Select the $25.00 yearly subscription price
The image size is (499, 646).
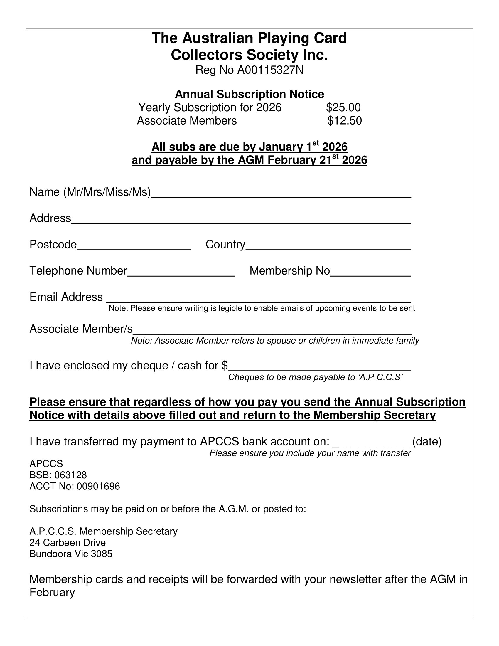(343, 107)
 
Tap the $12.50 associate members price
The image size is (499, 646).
(344, 121)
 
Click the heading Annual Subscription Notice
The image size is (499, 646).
(249, 94)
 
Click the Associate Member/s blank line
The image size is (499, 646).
(272, 331)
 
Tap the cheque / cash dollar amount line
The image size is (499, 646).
(320, 368)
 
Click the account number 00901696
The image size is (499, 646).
(98, 487)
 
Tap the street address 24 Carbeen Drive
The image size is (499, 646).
(68, 543)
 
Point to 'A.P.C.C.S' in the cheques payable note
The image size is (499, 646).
(380, 377)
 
